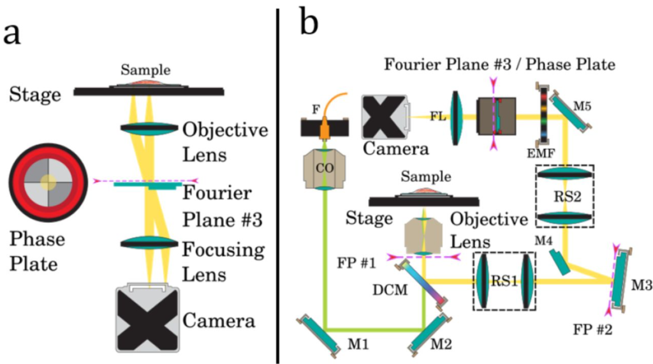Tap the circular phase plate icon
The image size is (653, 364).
click(48, 182)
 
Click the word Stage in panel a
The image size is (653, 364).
click(36, 95)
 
